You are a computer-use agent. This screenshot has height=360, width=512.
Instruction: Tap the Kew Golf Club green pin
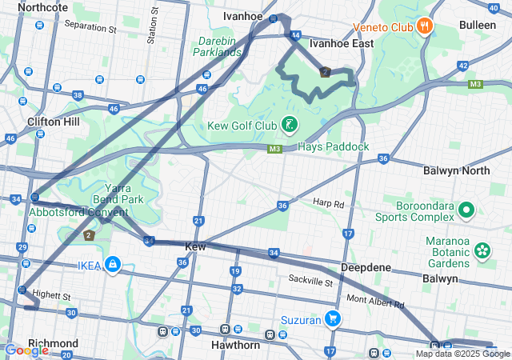(x=289, y=125)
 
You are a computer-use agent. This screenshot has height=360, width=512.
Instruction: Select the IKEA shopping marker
(x=113, y=263)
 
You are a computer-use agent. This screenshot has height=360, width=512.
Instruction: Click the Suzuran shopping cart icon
(x=333, y=320)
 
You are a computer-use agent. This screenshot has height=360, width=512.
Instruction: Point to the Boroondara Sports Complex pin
(x=467, y=211)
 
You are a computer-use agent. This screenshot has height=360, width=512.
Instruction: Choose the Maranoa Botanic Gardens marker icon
(x=482, y=250)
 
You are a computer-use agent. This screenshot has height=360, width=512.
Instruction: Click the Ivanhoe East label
(x=341, y=43)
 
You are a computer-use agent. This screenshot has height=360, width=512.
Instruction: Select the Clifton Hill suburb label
(x=53, y=122)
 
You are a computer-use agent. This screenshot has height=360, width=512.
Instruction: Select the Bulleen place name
(x=478, y=25)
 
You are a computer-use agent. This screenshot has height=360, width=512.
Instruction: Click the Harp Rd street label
(x=328, y=203)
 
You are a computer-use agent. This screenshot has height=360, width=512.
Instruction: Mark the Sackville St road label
(x=310, y=282)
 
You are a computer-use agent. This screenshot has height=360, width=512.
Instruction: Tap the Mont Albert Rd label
(x=375, y=302)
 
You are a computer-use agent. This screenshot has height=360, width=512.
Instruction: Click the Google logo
(x=26, y=350)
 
